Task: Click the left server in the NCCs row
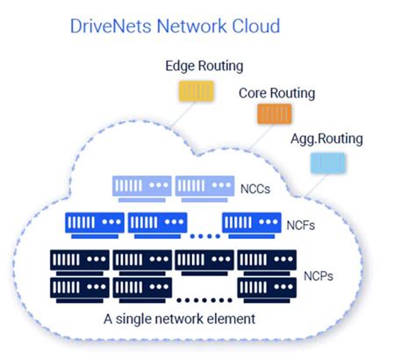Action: coord(140,186)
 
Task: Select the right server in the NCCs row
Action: coord(204,186)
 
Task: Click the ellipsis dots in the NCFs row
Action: coord(206,235)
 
